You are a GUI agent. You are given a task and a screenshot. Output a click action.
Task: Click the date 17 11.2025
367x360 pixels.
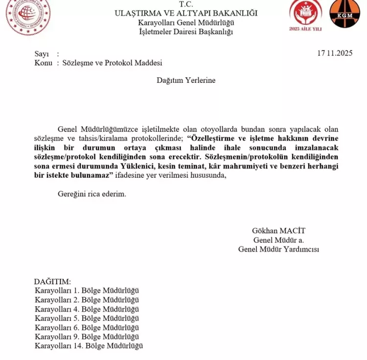click(335, 53)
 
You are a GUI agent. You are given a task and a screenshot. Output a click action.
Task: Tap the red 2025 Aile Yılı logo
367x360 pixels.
click(305, 15)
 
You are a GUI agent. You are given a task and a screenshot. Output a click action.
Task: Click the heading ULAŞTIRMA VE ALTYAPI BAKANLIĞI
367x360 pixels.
click(186, 13)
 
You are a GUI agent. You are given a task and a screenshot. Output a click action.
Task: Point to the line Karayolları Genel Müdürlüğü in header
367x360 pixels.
click(186, 23)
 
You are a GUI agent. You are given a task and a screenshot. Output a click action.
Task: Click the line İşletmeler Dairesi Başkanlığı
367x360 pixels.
click(186, 31)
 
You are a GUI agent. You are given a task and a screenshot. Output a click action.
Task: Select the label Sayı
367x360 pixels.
click(42, 54)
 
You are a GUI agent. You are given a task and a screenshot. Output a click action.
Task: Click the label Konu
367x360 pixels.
click(43, 63)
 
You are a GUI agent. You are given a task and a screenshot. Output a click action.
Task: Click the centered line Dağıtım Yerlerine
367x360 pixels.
click(186, 80)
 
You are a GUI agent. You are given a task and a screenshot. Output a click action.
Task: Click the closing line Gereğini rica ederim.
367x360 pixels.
click(92, 194)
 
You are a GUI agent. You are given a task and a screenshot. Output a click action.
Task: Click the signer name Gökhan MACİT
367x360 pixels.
click(278, 231)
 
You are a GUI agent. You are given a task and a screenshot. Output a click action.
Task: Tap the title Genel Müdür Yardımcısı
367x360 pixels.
click(278, 249)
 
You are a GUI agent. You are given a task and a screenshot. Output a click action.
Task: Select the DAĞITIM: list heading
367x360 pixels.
click(52, 282)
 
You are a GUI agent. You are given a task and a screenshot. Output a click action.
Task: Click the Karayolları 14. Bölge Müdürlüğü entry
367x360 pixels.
click(89, 346)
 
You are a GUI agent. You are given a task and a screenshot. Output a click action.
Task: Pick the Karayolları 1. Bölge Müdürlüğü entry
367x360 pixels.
click(87, 290)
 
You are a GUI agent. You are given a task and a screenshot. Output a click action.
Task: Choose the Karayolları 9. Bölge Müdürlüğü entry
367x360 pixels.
click(87, 336)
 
